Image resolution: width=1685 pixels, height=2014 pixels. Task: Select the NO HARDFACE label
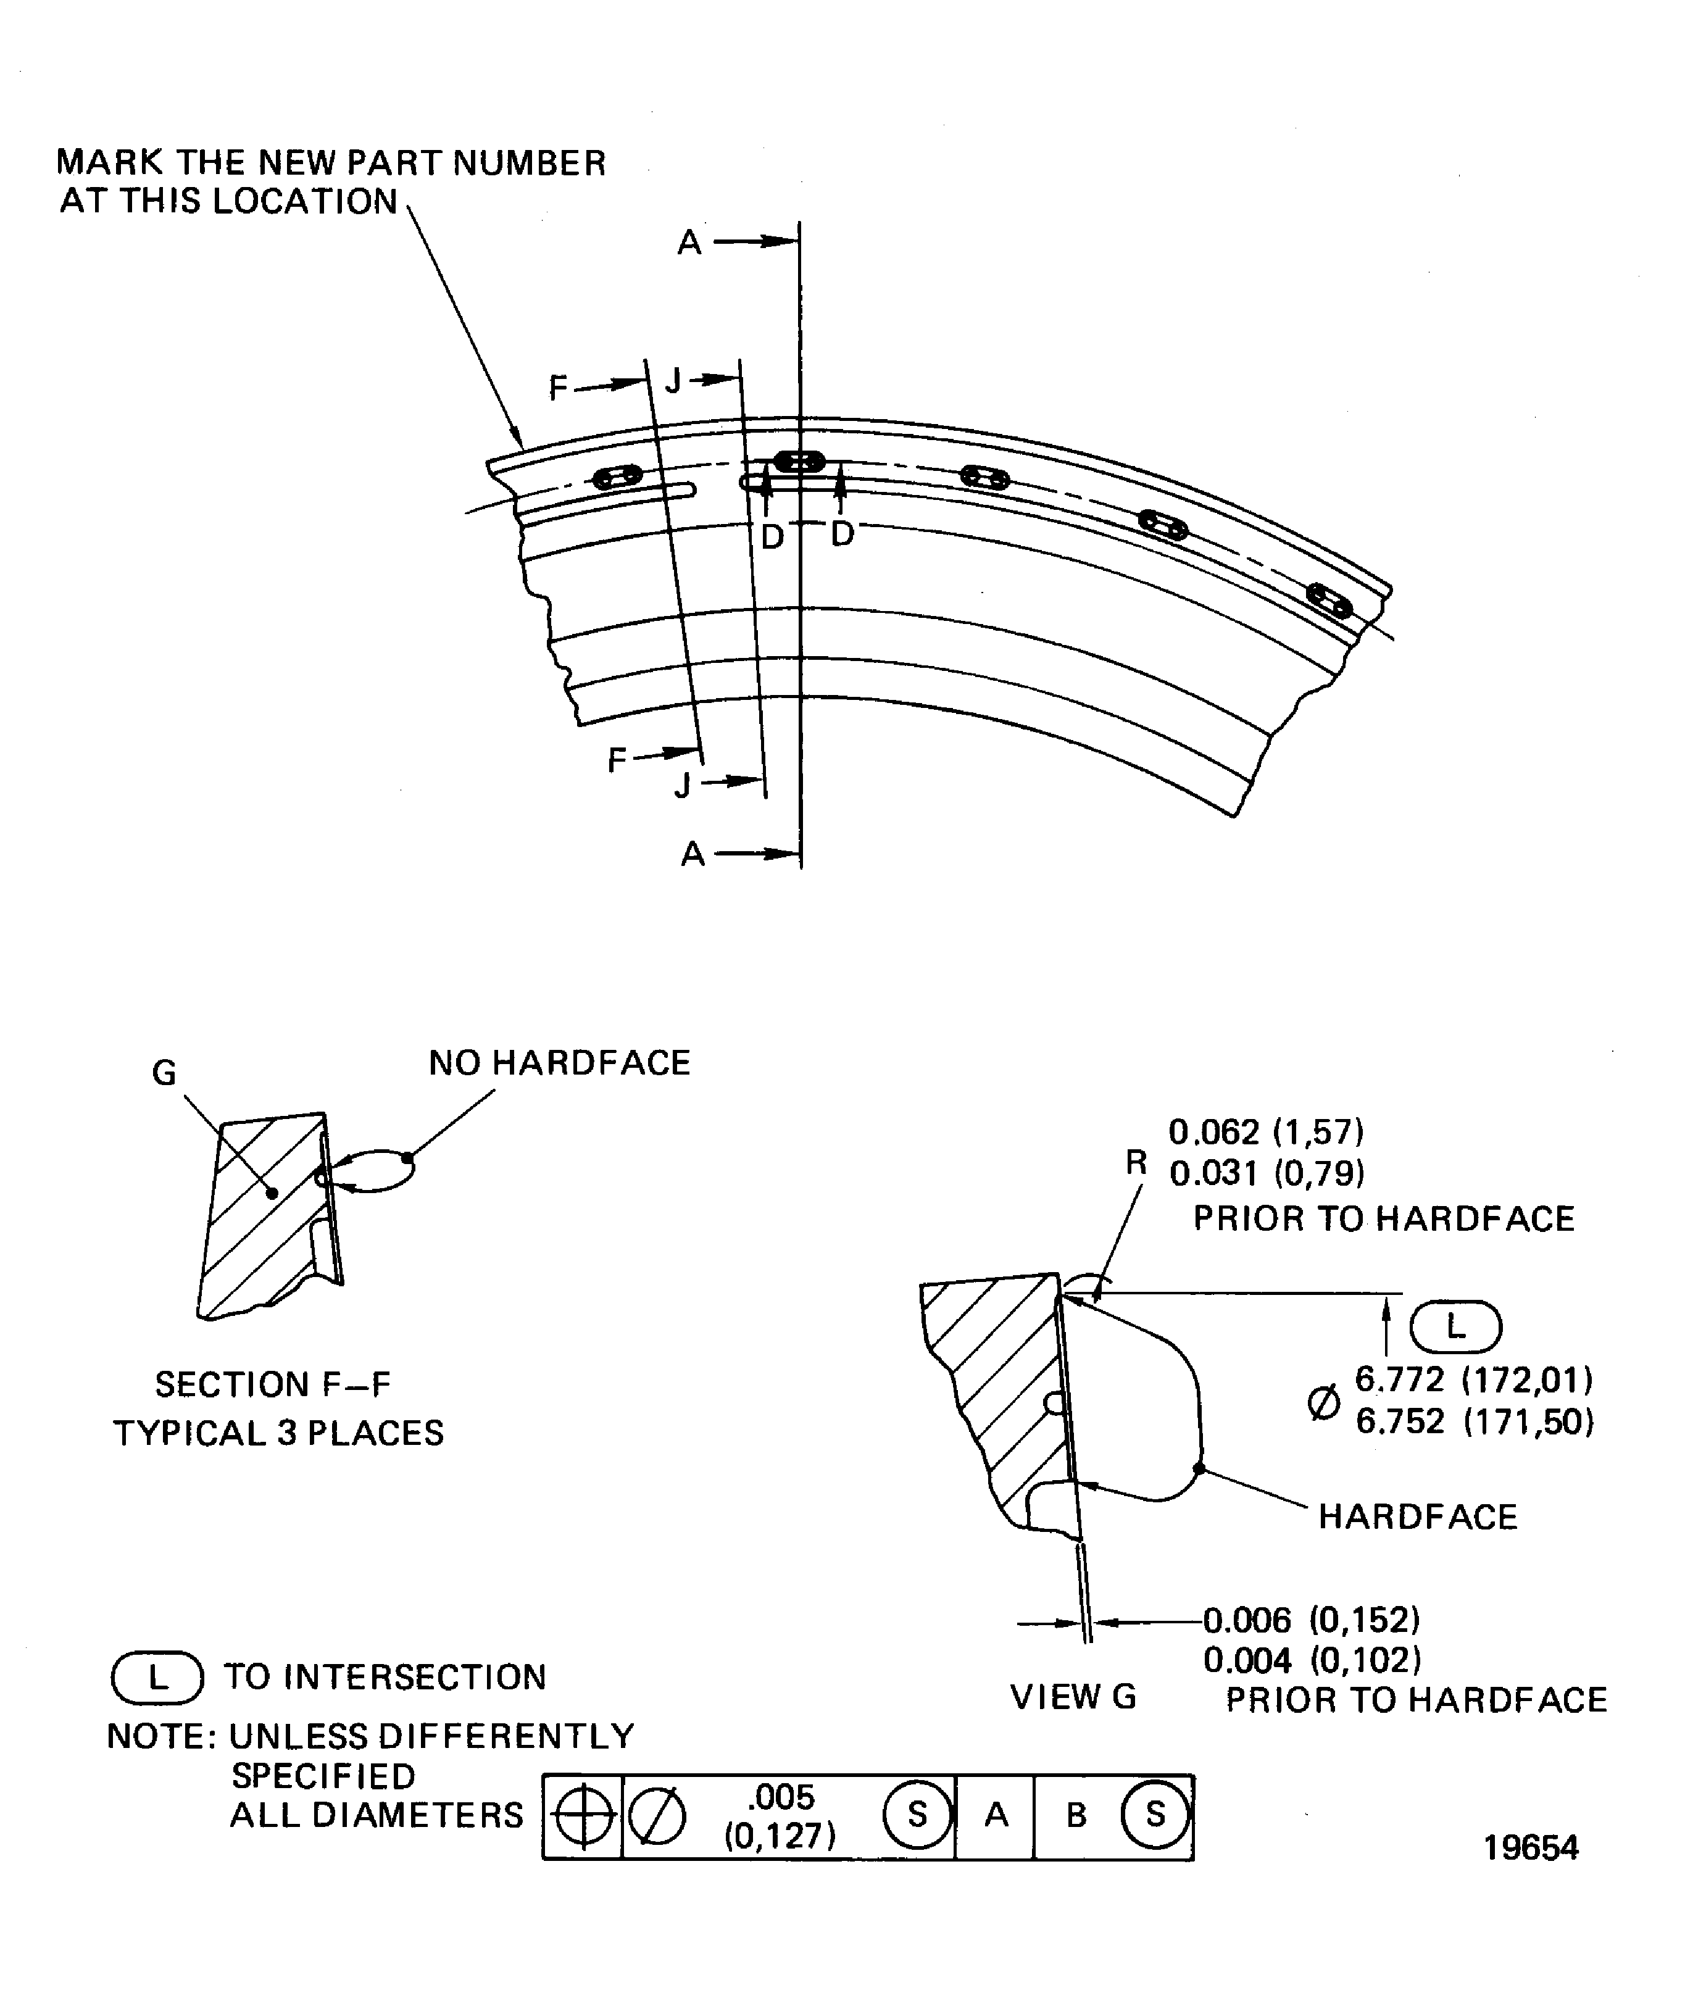pos(559,1063)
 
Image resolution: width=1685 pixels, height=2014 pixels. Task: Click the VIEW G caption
pos(1072,1697)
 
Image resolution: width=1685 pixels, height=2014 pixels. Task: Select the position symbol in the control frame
pos(583,1816)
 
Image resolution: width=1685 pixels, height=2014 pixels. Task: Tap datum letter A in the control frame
pos(996,1815)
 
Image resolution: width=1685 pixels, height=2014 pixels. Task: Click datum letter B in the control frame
pos(1076,1815)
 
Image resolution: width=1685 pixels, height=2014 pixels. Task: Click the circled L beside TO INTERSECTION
pos(157,1678)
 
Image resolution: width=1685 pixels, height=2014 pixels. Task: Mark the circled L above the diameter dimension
pos(1455,1327)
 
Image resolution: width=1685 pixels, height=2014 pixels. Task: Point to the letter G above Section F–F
pos(164,1072)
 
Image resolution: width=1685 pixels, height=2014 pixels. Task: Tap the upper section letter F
pos(558,388)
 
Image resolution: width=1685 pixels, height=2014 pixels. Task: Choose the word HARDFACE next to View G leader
pos(1417,1517)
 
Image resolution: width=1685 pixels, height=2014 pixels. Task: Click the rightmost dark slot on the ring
pos(1329,601)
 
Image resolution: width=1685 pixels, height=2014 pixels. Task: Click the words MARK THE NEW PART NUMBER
pos(331,163)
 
